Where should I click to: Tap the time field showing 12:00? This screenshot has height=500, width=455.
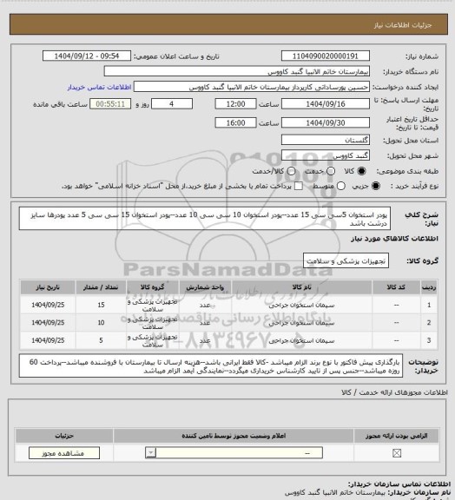tap(234, 103)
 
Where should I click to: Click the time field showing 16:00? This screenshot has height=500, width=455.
tap(234, 122)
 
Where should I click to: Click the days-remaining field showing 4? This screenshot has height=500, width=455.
tap(180, 103)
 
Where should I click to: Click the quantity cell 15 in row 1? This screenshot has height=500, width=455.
tap(102, 306)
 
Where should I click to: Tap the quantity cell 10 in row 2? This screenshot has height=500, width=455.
tap(102, 322)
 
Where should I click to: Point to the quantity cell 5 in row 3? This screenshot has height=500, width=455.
tap(102, 339)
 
